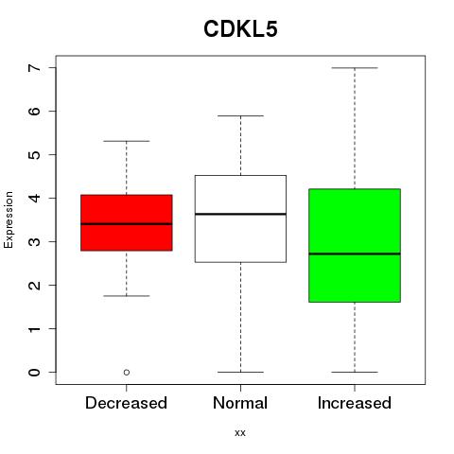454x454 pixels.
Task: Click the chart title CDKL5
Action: (x=240, y=29)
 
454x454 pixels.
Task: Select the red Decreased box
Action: (x=127, y=222)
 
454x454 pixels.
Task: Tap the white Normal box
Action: (x=240, y=218)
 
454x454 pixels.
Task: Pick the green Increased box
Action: (x=355, y=245)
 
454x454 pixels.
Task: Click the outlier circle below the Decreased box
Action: (x=127, y=373)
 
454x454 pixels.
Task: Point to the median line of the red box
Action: (x=127, y=224)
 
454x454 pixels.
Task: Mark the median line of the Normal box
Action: (x=240, y=214)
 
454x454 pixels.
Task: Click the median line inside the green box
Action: (x=355, y=253)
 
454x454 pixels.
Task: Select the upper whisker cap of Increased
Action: (x=355, y=68)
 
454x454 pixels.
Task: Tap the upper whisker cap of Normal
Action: (x=240, y=115)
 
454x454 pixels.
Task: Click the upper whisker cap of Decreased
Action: (x=127, y=141)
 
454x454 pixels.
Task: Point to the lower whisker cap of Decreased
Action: (x=127, y=296)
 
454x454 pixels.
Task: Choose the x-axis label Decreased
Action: (x=126, y=403)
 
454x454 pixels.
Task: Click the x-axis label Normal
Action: (x=240, y=403)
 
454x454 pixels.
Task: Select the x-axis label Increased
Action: (x=355, y=403)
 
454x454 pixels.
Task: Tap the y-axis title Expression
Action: (x=9, y=219)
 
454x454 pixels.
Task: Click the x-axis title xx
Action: (x=240, y=433)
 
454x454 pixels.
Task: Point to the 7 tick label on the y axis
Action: (x=35, y=68)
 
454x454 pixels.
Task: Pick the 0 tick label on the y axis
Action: (x=35, y=373)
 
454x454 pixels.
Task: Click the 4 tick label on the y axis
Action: (x=35, y=198)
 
